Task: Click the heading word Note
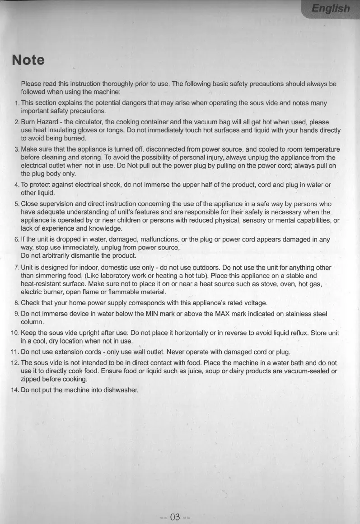coord(28,60)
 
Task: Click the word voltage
coord(256,302)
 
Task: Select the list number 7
coord(15,268)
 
